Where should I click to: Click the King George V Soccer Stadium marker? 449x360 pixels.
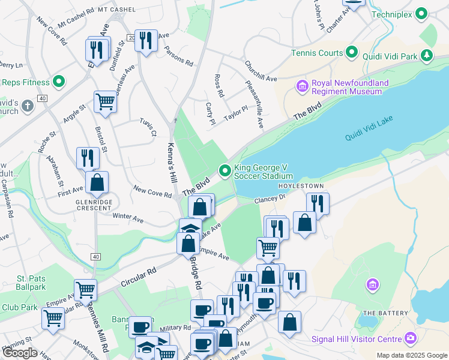coord(225,172)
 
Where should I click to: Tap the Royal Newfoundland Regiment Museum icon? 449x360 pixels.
coord(302,88)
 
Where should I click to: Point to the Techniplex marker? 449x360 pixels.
coord(422,13)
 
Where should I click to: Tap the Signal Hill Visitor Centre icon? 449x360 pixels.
coord(411,338)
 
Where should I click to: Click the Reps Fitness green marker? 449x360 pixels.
coord(59,82)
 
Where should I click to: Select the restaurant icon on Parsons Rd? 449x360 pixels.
coord(146,41)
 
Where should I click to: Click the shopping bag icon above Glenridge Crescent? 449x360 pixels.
coord(97,182)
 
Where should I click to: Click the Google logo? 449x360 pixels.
coord(20,353)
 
